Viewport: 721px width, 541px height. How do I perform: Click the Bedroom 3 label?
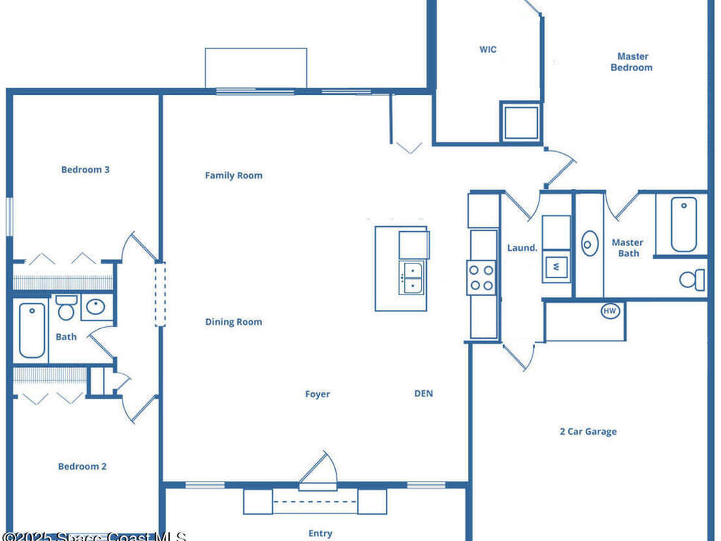point(85,170)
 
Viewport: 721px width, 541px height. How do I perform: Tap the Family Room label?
point(234,175)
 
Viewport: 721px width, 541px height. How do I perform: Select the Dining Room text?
point(234,322)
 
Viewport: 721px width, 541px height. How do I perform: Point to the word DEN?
point(423,394)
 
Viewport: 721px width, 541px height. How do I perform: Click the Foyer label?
point(318,394)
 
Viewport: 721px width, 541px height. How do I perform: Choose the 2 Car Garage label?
point(588,432)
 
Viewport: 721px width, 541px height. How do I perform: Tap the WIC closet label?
point(488,50)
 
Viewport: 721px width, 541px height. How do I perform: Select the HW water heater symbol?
point(610,311)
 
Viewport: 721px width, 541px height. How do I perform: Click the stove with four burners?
point(481,278)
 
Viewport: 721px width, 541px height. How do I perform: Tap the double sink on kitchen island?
point(413,278)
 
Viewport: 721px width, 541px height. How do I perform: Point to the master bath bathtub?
point(684,224)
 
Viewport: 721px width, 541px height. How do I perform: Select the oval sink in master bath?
point(589,244)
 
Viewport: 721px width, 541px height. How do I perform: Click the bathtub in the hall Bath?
point(32,330)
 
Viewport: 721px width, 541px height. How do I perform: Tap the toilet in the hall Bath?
point(66,308)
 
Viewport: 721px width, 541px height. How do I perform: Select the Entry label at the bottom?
point(320,533)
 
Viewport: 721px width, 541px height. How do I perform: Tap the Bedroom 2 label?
point(82,466)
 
